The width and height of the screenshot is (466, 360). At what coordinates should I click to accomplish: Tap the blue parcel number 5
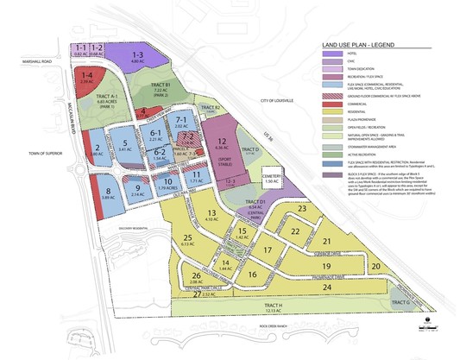coord(125,147)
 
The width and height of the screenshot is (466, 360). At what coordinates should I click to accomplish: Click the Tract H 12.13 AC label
coord(274,308)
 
